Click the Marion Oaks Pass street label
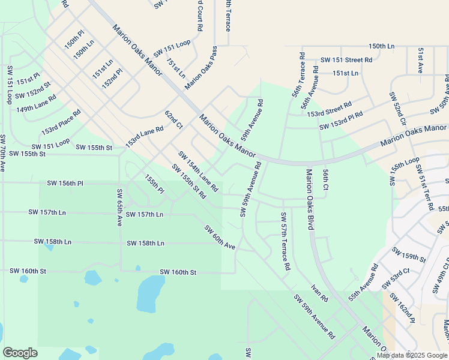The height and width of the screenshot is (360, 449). pos(200,67)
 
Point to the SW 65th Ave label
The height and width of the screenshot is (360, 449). pos(119,208)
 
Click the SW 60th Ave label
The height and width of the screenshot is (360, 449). pos(219,237)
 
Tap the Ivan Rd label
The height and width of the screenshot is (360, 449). pos(320,294)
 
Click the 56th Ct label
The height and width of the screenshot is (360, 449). pos(325,179)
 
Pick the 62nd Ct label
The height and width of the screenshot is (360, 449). pos(173,119)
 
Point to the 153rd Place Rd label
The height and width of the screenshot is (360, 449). pos(61,122)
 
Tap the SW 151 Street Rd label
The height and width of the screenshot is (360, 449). pos(346,60)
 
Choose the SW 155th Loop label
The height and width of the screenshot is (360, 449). pos(405,171)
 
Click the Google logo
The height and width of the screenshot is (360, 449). pos(20,353)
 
